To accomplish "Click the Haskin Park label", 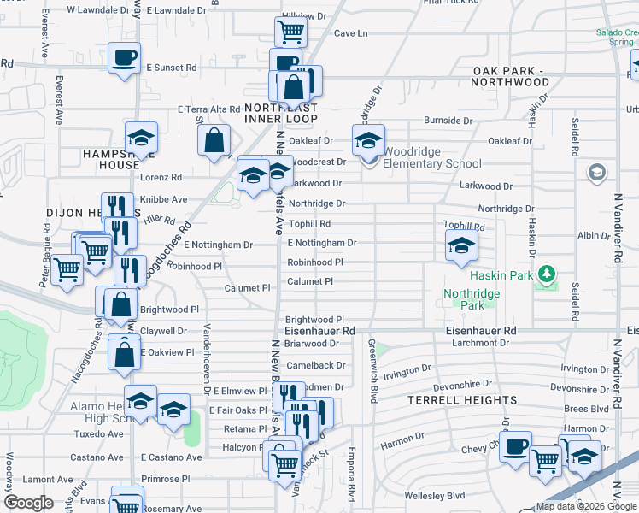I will pyautogui.click(x=500, y=275).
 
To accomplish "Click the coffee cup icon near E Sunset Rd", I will pyautogui.click(x=125, y=57).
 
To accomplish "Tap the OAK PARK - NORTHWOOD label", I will pyautogui.click(x=510, y=76).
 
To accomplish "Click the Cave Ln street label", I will pyautogui.click(x=350, y=33).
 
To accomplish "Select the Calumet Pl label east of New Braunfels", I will pyautogui.click(x=309, y=281).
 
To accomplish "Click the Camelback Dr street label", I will pyautogui.click(x=316, y=365).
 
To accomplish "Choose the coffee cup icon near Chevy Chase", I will pyautogui.click(x=515, y=447).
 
